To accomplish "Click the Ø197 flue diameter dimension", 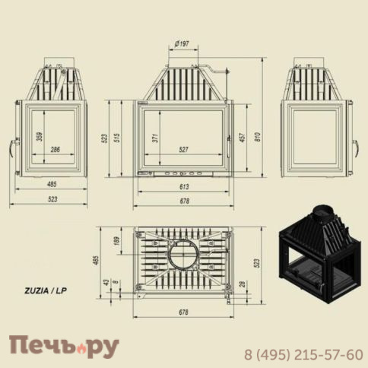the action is tap(182, 43).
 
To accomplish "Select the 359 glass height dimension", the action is tap(40, 136).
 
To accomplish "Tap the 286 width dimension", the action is tap(55, 150).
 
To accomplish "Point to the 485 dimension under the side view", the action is tap(52, 184).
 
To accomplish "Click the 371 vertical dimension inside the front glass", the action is tap(155, 138).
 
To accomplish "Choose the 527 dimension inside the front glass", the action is tap(183, 150).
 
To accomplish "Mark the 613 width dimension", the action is tap(184, 187).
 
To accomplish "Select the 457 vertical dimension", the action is tap(243, 137).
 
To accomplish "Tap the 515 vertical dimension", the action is tap(117, 138).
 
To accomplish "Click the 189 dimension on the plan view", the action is tap(116, 241).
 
